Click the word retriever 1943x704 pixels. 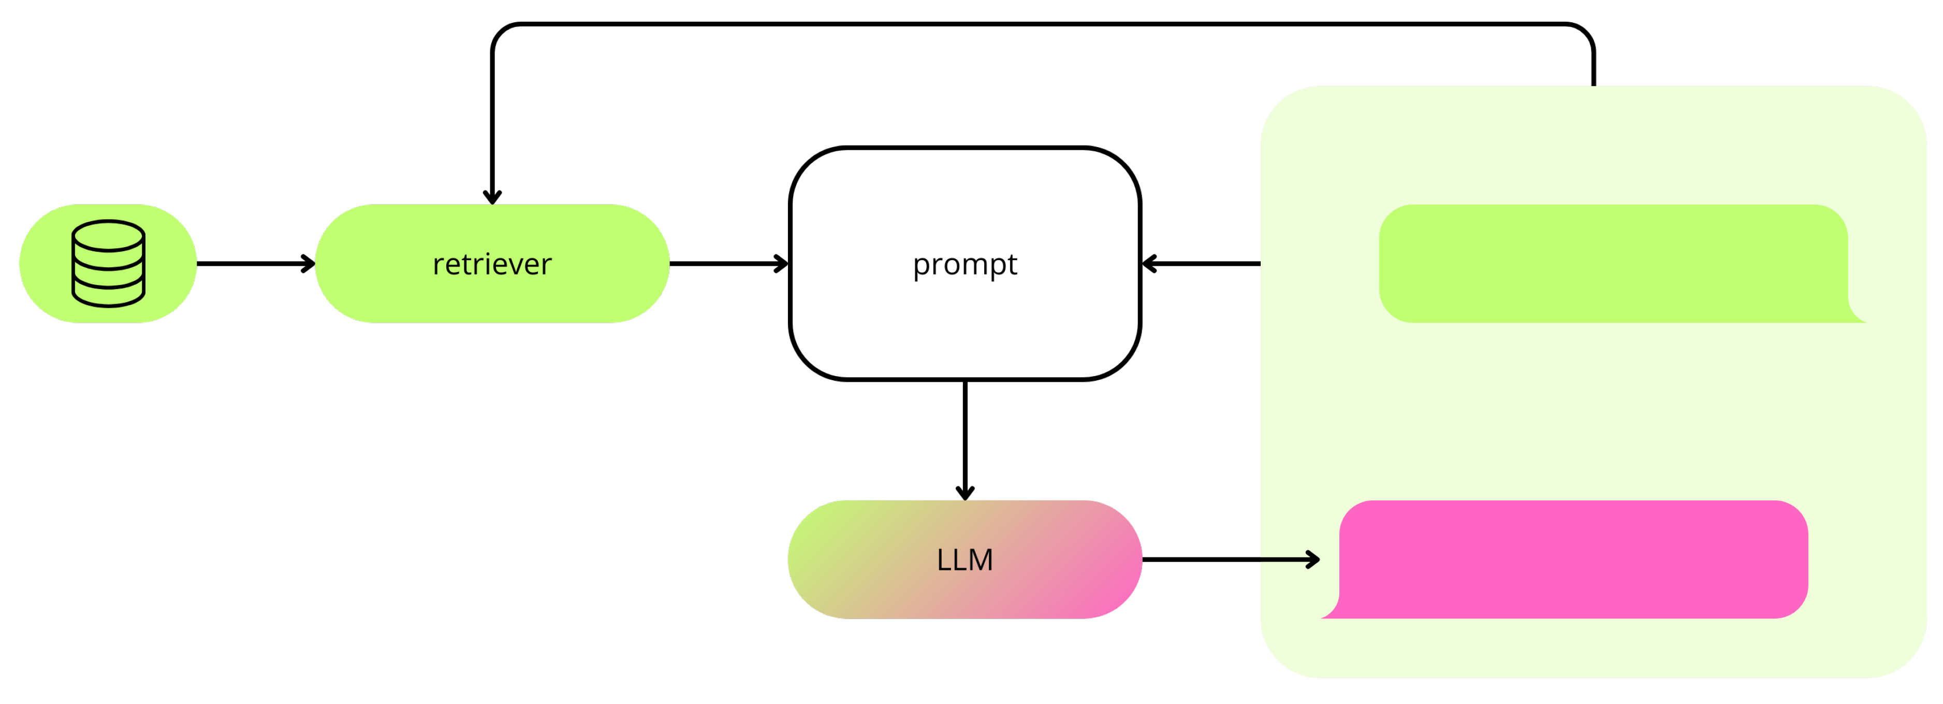coord(492,264)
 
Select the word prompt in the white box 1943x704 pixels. coord(965,264)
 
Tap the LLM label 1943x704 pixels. coord(965,560)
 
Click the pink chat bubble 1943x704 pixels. coord(1573,559)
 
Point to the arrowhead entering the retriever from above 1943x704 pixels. coord(492,198)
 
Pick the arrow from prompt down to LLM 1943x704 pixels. coord(965,438)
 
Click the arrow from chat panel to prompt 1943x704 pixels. coord(1203,263)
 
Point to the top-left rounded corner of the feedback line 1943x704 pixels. coord(502,33)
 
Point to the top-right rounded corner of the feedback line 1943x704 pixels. coord(1585,33)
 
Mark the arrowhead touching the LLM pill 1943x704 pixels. coord(965,494)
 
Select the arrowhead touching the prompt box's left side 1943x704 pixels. coord(782,263)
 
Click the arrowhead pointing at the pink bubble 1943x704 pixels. coord(1313,559)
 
